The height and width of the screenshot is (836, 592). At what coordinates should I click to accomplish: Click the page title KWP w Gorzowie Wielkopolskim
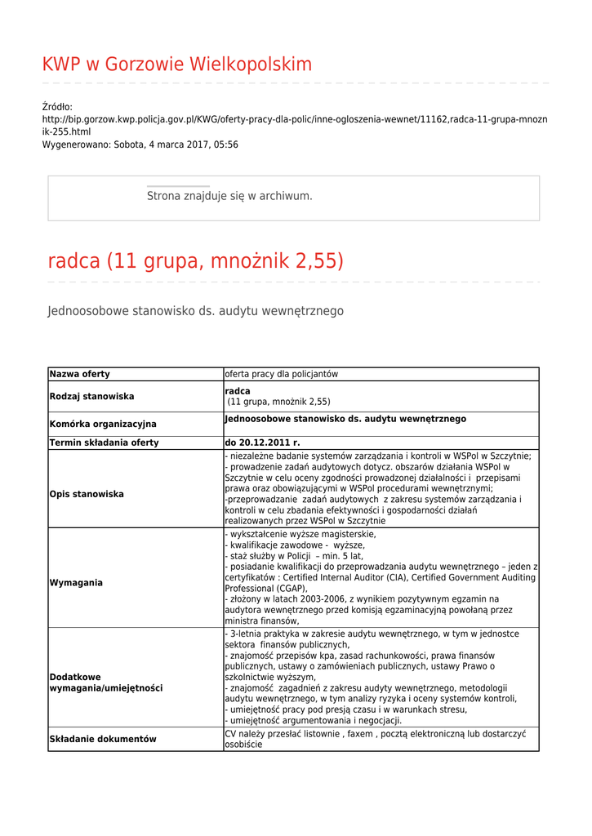(176, 64)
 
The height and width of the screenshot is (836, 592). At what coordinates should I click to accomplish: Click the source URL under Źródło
(294, 119)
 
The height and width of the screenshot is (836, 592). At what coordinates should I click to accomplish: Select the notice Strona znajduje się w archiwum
(229, 196)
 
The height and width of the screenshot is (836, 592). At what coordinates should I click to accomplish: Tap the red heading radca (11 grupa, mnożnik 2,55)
(196, 261)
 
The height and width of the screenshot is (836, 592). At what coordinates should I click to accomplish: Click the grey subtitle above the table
(196, 311)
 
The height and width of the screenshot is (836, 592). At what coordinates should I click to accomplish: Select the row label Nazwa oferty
(80, 374)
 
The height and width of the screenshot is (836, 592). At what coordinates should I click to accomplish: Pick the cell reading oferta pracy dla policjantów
(281, 374)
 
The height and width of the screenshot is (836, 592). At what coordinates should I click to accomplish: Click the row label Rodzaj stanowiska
(91, 397)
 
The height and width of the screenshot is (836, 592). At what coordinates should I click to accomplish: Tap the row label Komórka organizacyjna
(103, 425)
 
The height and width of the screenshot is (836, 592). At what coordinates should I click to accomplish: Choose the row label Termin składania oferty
(105, 442)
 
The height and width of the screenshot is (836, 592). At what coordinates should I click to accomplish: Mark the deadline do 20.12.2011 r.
(262, 442)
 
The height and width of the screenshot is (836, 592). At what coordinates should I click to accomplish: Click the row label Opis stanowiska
(87, 494)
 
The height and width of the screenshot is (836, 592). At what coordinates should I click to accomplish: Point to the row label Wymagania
(76, 583)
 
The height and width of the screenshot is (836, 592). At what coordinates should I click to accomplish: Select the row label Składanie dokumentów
(103, 739)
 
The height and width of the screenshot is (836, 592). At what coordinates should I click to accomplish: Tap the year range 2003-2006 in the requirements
(302, 599)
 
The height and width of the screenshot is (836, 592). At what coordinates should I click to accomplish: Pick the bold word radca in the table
(238, 391)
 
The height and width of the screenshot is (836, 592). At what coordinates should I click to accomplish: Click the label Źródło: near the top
(57, 107)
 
